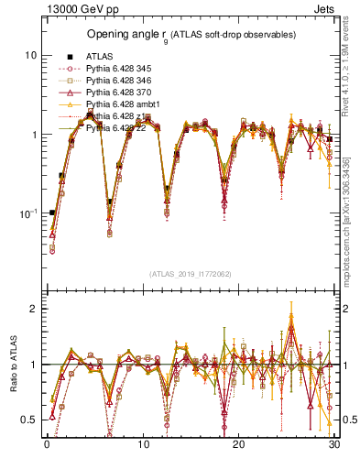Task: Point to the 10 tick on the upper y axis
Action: (x=30, y=55)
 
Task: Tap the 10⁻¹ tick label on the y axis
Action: (x=28, y=213)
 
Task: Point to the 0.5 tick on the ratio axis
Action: (x=28, y=420)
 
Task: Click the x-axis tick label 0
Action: (x=46, y=445)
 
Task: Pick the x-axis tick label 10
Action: (x=142, y=445)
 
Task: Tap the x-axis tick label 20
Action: (x=238, y=445)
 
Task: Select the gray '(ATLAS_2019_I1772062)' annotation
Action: (x=190, y=274)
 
